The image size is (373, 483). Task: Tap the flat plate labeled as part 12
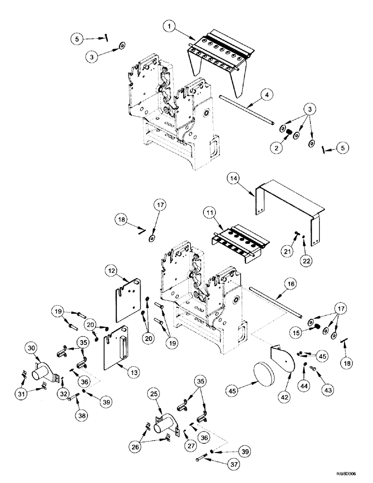pos(128,299)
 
